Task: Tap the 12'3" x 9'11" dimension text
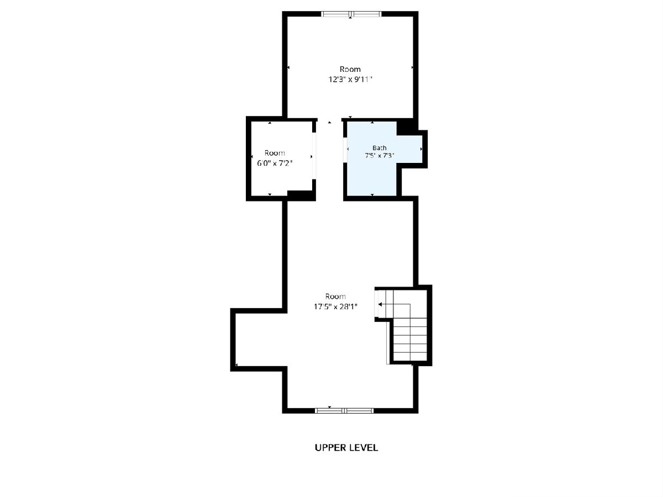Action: pyautogui.click(x=350, y=80)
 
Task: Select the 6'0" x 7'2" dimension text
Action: pyautogui.click(x=275, y=163)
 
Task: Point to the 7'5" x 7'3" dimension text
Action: pyautogui.click(x=380, y=156)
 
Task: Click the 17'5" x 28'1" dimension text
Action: pyautogui.click(x=335, y=306)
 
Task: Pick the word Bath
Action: pyautogui.click(x=380, y=148)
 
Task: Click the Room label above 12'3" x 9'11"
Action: pyautogui.click(x=350, y=69)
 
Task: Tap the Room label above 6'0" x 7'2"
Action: pyautogui.click(x=275, y=153)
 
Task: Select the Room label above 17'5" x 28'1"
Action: pyautogui.click(x=335, y=297)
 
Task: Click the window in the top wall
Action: pyautogui.click(x=351, y=14)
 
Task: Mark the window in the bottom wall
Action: pyautogui.click(x=344, y=410)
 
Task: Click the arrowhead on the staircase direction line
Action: pyautogui.click(x=380, y=304)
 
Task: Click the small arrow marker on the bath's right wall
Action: pyautogui.click(x=422, y=149)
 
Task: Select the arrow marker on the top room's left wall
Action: pyautogui.click(x=288, y=67)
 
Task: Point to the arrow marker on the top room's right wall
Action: pyautogui.click(x=412, y=67)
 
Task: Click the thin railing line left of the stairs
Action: pyautogui.click(x=388, y=343)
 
